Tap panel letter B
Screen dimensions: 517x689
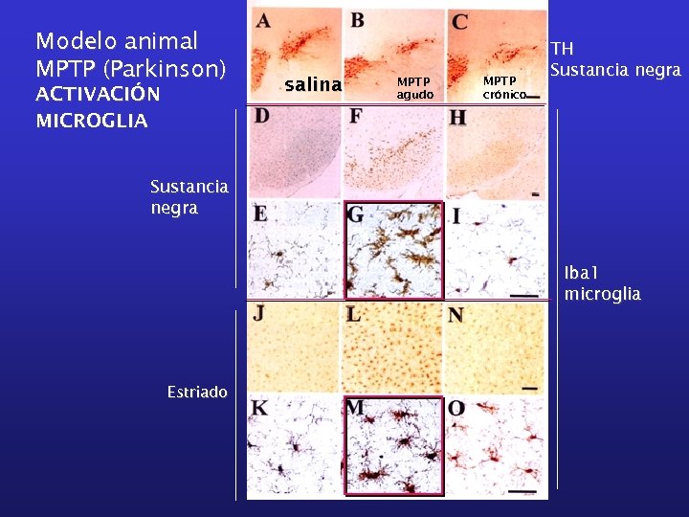[x=356, y=20]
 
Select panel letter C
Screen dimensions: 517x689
[x=459, y=21]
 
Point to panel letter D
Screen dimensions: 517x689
[x=262, y=117]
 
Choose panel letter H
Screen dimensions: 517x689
[x=457, y=117]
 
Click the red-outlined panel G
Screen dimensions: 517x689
[x=392, y=250]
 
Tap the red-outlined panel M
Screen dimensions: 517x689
[x=392, y=446]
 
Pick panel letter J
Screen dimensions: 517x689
[x=259, y=312]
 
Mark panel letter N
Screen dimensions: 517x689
[x=456, y=313]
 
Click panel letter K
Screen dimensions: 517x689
[x=259, y=409]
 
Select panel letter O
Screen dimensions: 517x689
[x=456, y=409]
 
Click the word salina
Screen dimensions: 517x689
[x=313, y=85]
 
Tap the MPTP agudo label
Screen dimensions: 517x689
[x=414, y=87]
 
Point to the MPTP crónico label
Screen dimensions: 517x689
[x=504, y=87]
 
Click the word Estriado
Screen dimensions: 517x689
[x=197, y=392]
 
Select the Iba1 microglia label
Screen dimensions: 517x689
[x=603, y=284]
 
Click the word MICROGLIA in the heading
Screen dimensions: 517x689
[x=92, y=121]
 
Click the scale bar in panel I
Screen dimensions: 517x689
[x=522, y=297]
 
